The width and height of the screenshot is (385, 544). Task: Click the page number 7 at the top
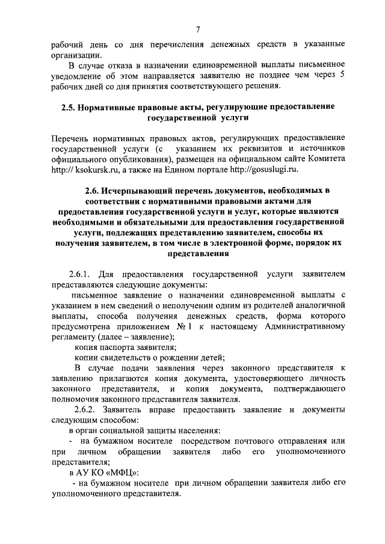[197, 29]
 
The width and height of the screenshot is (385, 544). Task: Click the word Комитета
[324, 158]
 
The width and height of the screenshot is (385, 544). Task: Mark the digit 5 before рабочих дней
[342, 75]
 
